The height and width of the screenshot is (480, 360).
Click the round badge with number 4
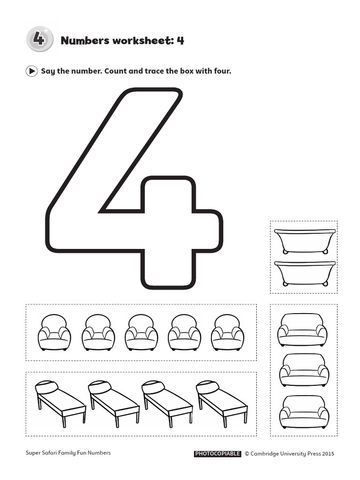39,39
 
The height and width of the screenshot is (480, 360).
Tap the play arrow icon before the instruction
31,71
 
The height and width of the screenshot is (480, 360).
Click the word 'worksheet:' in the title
143,40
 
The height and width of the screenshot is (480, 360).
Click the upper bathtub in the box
305,241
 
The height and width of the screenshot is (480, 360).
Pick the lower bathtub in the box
305,273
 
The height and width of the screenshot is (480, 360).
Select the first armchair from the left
54,332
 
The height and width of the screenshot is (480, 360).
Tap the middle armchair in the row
141,332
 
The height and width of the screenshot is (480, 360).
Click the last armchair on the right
227,332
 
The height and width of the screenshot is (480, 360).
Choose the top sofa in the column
302,330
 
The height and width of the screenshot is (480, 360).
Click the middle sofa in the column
304,370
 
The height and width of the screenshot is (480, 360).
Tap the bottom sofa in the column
304,411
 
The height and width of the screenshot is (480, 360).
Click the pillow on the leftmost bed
47,387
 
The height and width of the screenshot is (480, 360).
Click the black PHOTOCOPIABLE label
217,454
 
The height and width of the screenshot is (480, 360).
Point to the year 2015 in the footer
328,454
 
